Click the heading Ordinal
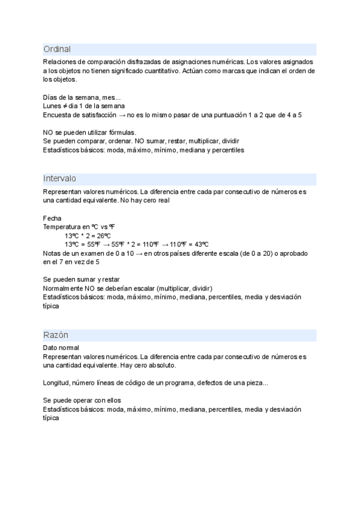click(x=57, y=49)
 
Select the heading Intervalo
click(x=59, y=179)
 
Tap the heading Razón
click(x=56, y=335)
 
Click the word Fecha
click(x=52, y=218)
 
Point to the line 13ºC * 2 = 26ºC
click(x=88, y=235)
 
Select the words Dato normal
click(x=61, y=348)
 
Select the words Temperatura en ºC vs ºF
click(x=79, y=227)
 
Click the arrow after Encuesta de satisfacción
click(x=122, y=115)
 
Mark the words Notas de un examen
click(x=77, y=253)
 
